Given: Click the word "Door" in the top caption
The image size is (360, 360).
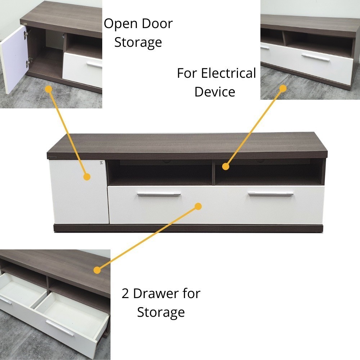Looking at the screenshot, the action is (157, 24).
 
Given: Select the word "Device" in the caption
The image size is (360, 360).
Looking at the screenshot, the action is (215, 92).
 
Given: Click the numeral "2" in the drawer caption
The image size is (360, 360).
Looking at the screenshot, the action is (125, 294).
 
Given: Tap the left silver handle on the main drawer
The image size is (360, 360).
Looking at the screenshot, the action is (159, 194).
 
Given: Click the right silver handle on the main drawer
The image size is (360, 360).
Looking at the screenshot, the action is (271, 194).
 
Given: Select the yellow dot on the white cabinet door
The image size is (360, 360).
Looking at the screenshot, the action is (87, 177).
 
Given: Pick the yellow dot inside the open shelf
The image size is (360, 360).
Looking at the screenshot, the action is (226, 166).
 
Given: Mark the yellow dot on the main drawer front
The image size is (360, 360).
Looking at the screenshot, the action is (198, 206).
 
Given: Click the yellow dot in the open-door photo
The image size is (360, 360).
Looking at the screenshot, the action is (49, 89).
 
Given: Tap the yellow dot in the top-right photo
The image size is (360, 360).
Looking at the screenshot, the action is (283, 89).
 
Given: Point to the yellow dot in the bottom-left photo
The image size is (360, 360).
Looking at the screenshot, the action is (97, 270).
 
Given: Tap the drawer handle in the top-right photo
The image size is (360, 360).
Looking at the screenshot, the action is (315, 58).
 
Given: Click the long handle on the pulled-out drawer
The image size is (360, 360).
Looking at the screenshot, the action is (60, 328).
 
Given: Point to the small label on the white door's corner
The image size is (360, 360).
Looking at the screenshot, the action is (101, 163).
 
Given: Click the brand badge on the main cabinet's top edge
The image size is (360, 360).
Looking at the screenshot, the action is (53, 158).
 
